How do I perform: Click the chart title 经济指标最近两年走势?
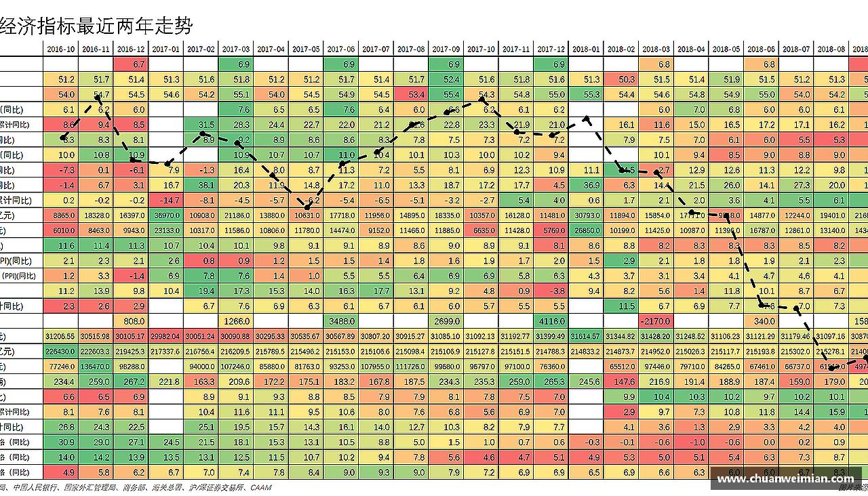tap(96, 26)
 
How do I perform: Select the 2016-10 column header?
tap(61, 49)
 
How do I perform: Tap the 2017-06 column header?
tap(340, 49)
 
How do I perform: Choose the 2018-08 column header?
tap(831, 49)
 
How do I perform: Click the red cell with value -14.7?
tap(165, 201)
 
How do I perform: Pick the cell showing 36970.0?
tap(165, 215)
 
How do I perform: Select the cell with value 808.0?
tap(131, 321)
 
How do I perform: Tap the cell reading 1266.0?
tap(235, 321)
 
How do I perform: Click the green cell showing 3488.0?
tap(340, 321)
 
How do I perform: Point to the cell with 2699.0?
tap(446, 321)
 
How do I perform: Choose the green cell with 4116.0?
tap(551, 321)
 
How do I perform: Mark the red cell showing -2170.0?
tap(656, 321)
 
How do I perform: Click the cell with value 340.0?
tap(761, 321)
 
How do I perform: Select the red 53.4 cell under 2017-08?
tap(410, 95)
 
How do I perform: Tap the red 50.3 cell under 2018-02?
tap(620, 80)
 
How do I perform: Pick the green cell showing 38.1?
tap(201, 185)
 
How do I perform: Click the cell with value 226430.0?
tap(61, 352)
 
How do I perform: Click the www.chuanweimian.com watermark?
tap(785, 479)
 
